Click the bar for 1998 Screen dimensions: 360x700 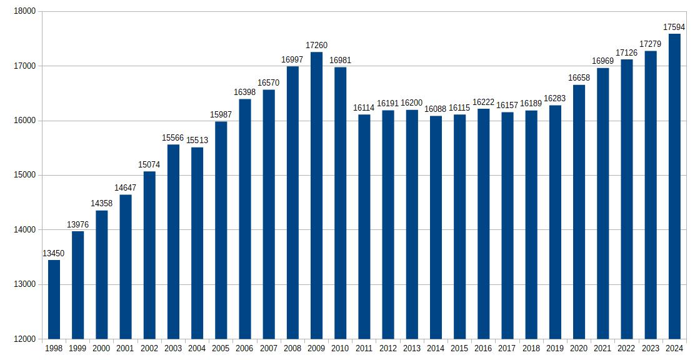54,299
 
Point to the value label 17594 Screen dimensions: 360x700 674,27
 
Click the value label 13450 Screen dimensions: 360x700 54,253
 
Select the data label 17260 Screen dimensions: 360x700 317,46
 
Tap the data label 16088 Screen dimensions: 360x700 436,109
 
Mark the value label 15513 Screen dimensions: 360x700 197,141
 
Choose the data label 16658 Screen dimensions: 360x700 579,78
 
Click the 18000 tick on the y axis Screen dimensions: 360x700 26,11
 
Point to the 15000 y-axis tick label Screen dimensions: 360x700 26,175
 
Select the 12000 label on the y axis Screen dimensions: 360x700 26,339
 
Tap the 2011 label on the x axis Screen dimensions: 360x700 364,349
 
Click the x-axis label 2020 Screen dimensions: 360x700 579,349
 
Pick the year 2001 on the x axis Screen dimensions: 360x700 126,349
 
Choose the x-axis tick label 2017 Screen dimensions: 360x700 507,349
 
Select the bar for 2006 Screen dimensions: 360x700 245,219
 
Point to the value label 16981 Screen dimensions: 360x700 341,61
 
